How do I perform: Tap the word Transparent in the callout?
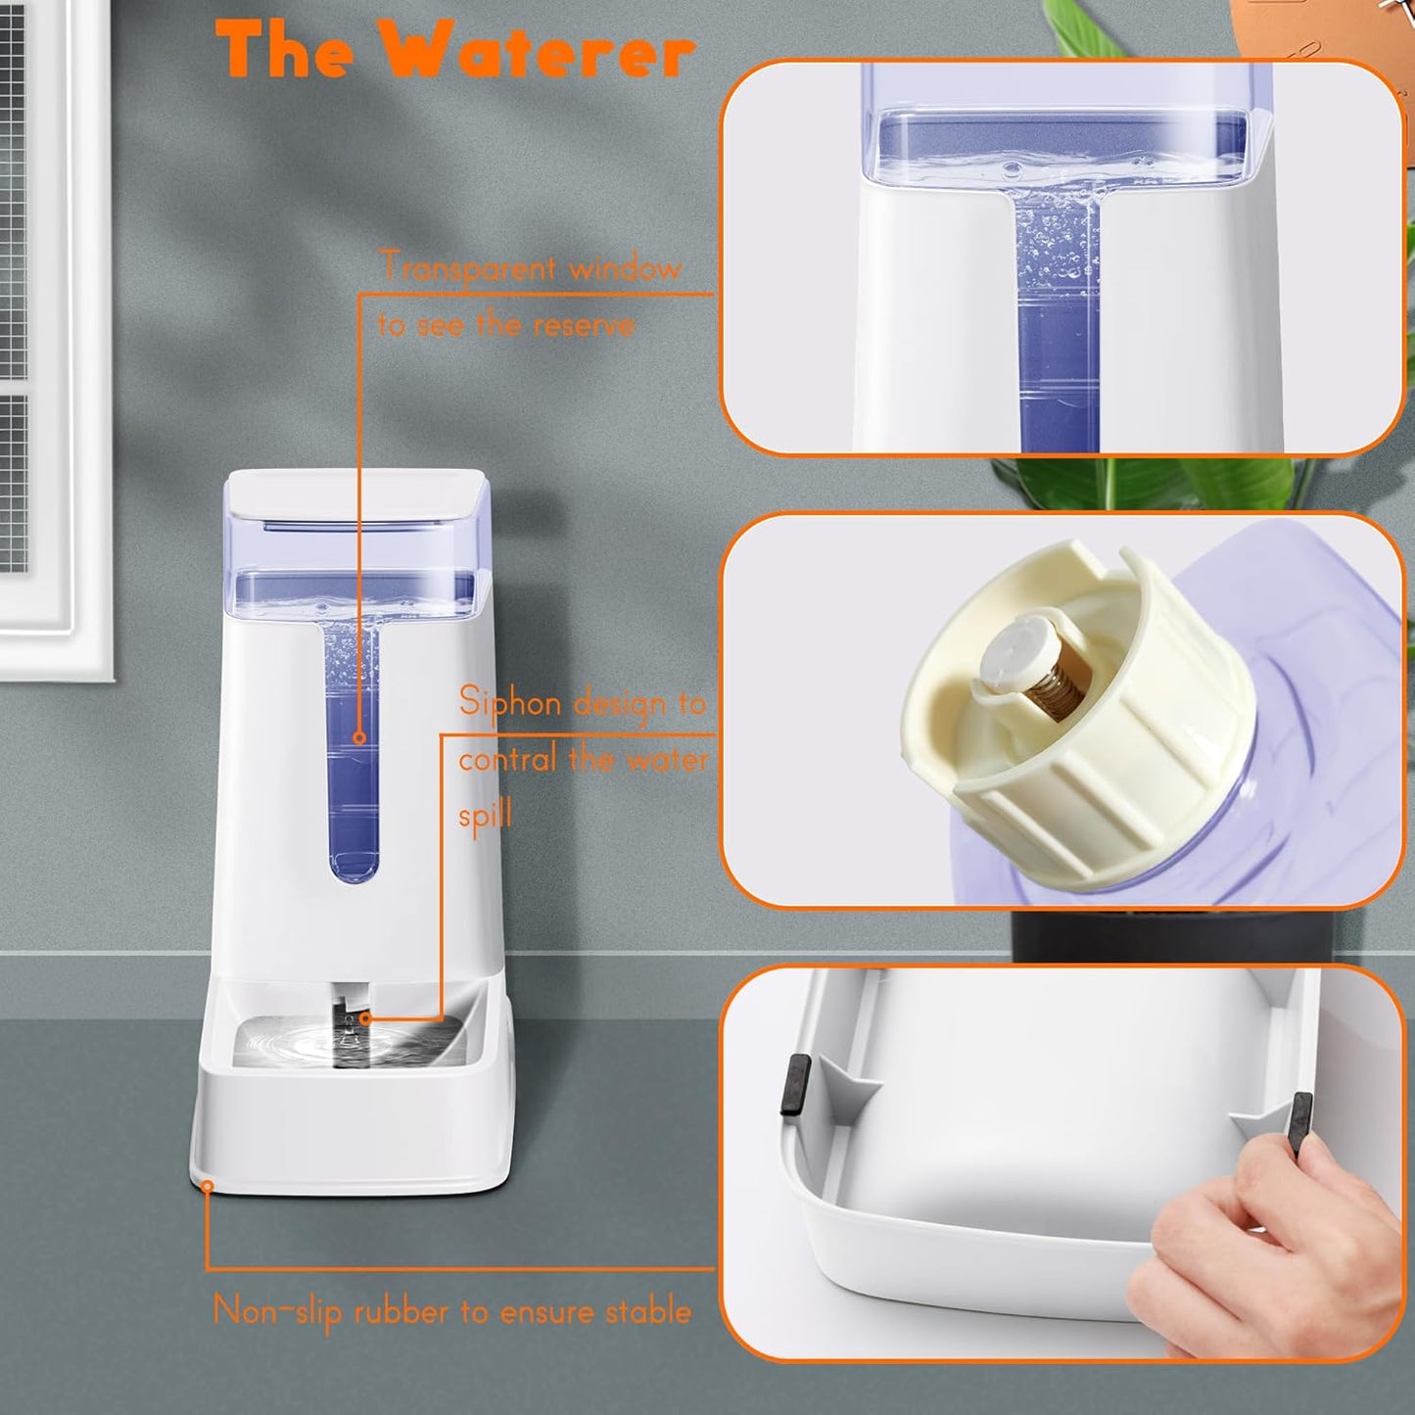(468, 266)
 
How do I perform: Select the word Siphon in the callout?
(509, 703)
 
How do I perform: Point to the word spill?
(485, 815)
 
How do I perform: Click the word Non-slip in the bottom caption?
(277, 1311)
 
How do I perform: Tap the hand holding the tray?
(1263, 1263)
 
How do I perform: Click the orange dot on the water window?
(359, 737)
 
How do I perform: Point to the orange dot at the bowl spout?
(365, 1018)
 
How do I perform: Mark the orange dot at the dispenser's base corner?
(208, 1186)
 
